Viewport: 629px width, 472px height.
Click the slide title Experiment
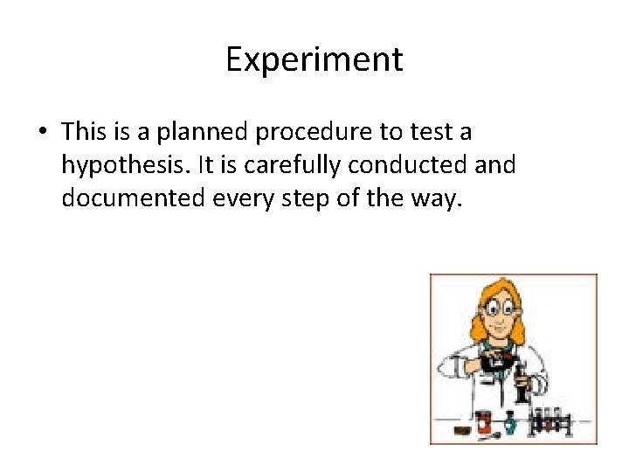coord(314,59)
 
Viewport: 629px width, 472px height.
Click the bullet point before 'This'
coord(42,133)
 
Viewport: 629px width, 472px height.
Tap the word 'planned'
coord(198,133)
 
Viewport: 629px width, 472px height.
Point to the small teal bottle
coord(510,425)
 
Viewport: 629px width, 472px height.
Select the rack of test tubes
coord(552,421)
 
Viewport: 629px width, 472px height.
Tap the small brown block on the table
coord(460,430)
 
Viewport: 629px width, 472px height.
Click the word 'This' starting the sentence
coord(84,133)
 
